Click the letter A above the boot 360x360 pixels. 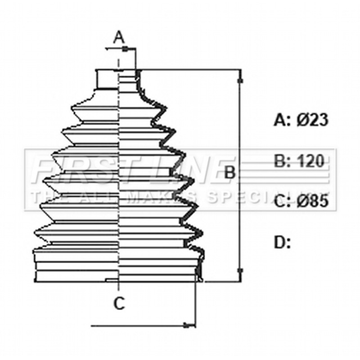(119, 38)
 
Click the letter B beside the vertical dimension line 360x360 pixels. (229, 172)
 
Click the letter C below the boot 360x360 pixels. (119, 303)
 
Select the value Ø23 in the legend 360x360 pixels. (312, 120)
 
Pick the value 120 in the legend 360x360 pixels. (310, 161)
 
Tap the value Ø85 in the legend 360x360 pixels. (312, 202)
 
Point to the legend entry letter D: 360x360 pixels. (282, 243)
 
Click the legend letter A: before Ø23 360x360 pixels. (282, 120)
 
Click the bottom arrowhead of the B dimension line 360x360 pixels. (240, 272)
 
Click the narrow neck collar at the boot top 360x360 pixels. (108, 79)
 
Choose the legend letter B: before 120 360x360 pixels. (282, 161)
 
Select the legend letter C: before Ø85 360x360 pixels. (282, 202)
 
